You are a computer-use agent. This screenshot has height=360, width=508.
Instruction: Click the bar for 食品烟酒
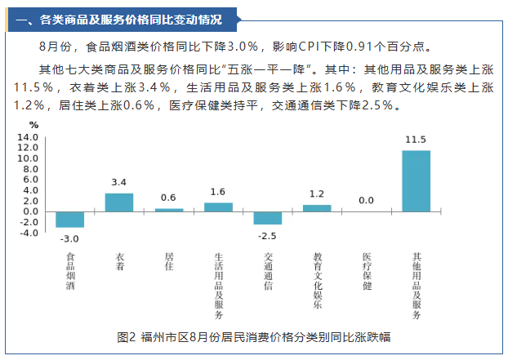(x=69, y=219)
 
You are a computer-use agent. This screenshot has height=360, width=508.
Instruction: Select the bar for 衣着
(x=119, y=202)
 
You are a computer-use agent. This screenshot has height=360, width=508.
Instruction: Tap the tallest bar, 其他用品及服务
(x=416, y=180)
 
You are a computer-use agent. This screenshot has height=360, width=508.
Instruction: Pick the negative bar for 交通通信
(x=267, y=218)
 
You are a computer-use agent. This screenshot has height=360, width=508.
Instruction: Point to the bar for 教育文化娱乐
(x=317, y=208)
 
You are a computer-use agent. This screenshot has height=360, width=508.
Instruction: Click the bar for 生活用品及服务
(x=218, y=207)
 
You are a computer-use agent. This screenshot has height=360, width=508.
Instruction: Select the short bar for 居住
(x=169, y=210)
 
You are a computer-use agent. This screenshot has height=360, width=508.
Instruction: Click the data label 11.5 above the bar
(x=416, y=140)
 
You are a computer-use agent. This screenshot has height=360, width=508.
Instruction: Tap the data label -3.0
(x=69, y=238)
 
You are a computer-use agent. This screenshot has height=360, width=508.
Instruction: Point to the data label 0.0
(x=367, y=200)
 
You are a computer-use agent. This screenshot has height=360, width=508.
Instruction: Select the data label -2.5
(x=267, y=235)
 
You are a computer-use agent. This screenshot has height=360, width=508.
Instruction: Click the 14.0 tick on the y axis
(x=29, y=137)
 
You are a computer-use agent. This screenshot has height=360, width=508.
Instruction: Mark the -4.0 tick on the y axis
(x=29, y=233)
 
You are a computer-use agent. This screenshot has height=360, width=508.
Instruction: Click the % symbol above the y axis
(x=34, y=125)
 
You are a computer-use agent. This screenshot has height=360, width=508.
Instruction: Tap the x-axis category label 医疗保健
(x=367, y=272)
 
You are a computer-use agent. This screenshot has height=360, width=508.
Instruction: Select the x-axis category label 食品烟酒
(x=69, y=272)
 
